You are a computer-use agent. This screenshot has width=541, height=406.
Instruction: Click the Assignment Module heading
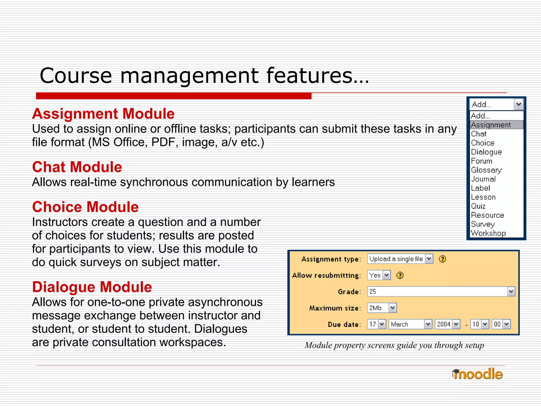pos(103,114)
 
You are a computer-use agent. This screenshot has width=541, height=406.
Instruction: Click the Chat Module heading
pos(77,167)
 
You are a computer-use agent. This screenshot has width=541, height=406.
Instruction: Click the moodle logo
pos(477,374)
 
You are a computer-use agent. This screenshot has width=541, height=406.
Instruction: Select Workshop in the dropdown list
pos(488,233)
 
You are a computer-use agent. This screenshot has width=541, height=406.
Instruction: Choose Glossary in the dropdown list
pos(486,170)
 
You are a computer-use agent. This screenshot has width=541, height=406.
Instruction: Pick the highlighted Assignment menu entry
pos(491,125)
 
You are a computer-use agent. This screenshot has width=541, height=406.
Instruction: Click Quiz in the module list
pos(478,206)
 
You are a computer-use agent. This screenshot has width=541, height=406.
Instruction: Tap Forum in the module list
pos(482,161)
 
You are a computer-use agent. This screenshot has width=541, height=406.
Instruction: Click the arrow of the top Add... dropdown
pos(519,104)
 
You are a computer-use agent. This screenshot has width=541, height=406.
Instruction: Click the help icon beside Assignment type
pos(442,259)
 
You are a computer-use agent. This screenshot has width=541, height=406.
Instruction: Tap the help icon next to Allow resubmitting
pos(400,275)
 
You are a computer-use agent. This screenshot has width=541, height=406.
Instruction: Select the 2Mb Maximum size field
pos(382,308)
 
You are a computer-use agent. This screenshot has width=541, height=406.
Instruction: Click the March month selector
pos(410,324)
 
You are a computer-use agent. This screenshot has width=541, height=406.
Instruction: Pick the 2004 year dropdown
pos(447,324)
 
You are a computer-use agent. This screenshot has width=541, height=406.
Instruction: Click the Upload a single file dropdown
pos(400,259)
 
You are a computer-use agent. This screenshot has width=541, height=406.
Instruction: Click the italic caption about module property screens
pos(394,345)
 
